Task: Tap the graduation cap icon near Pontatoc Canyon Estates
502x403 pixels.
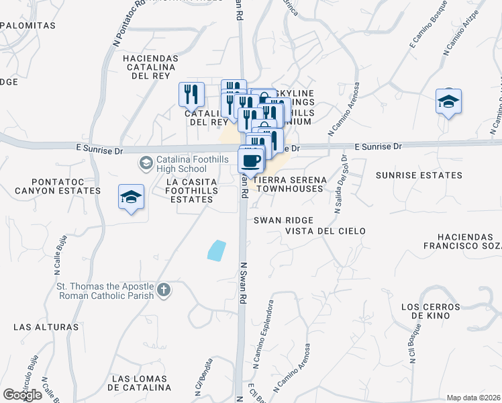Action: pyautogui.click(x=132, y=197)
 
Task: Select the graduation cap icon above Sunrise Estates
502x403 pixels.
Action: pyautogui.click(x=448, y=101)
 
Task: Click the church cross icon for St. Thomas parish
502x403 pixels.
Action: pyautogui.click(x=164, y=290)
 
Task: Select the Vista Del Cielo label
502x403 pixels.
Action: pyautogui.click(x=325, y=231)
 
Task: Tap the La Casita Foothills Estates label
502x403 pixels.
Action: pyautogui.click(x=191, y=190)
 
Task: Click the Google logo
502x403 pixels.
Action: pyautogui.click(x=22, y=395)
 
